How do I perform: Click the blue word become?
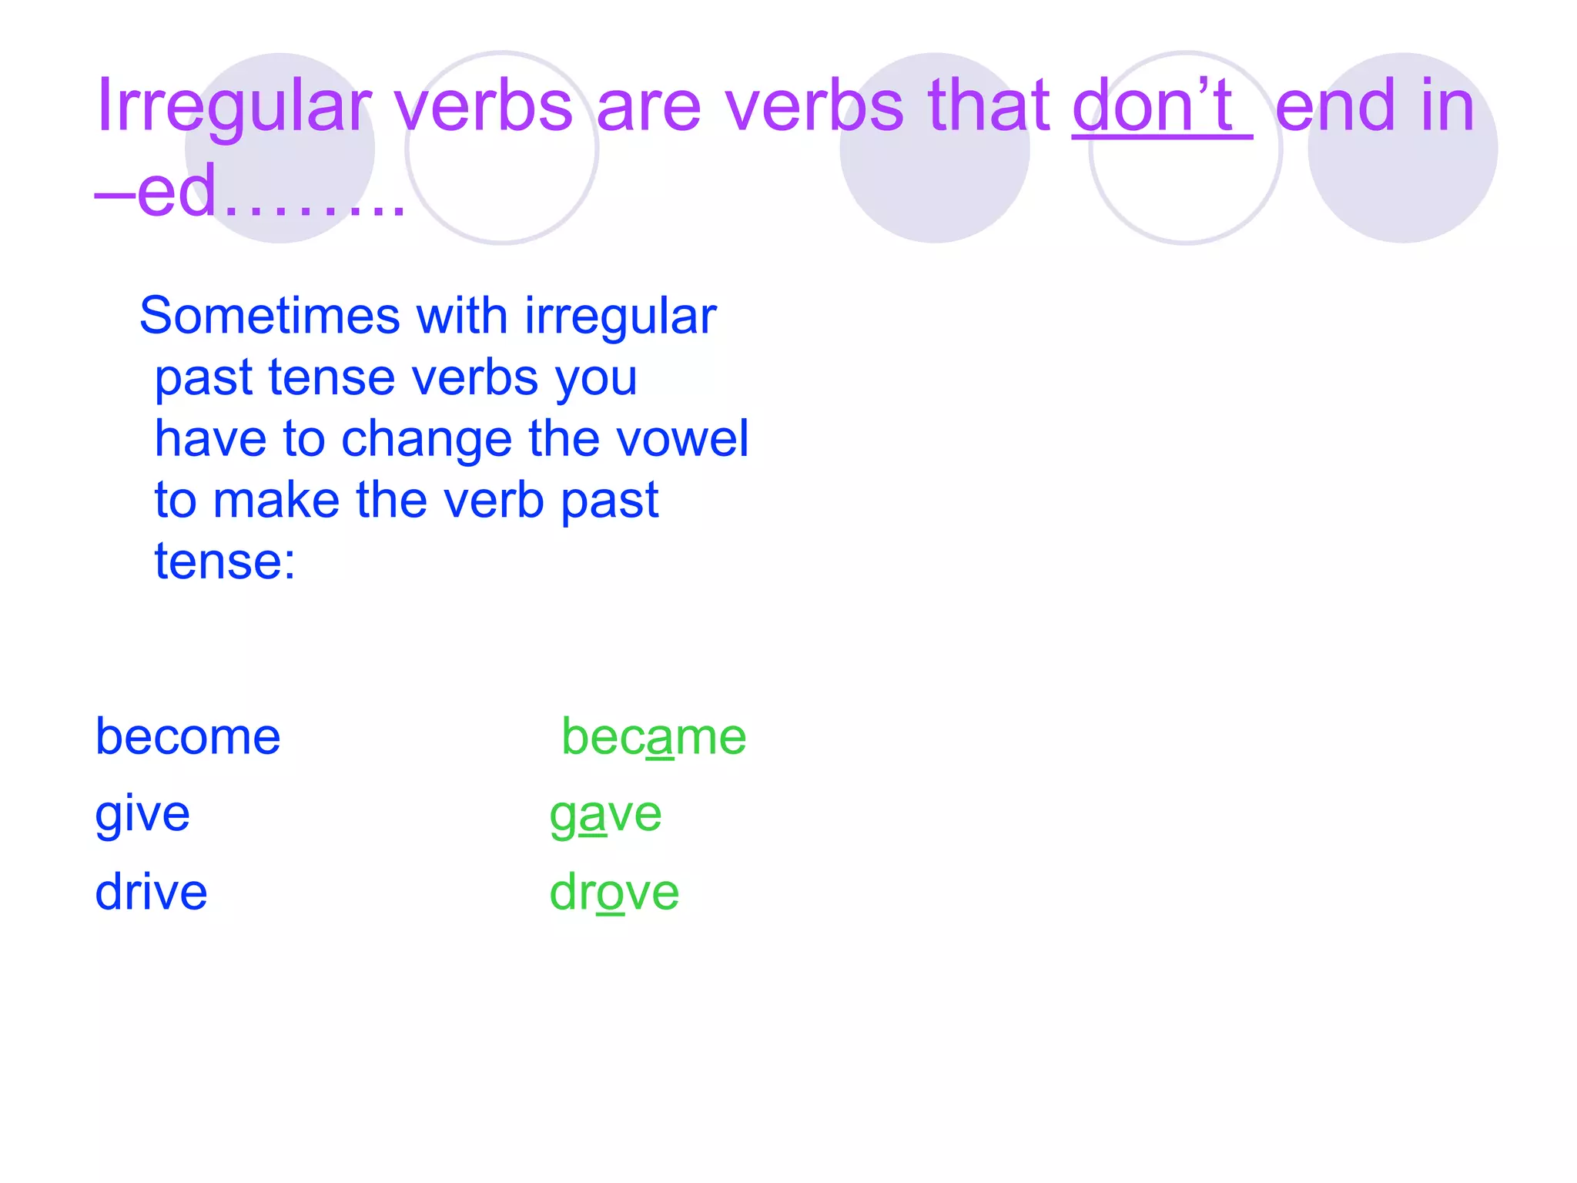[x=188, y=737]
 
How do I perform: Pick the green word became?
[x=654, y=737]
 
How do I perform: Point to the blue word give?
[x=142, y=814]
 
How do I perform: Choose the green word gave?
[x=605, y=814]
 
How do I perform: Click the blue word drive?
[x=151, y=892]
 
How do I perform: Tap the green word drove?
[x=614, y=892]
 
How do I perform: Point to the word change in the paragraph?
[x=427, y=439]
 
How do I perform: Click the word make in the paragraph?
[x=276, y=500]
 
